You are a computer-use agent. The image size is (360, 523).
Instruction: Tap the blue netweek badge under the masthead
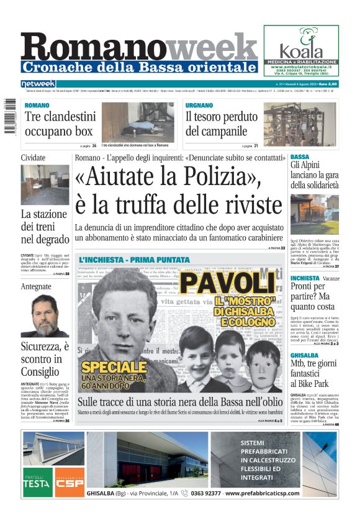[38, 84]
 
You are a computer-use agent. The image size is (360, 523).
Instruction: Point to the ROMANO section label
[37, 106]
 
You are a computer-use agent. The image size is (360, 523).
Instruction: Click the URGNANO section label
[199, 106]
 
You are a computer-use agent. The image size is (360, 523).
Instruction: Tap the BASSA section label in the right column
[300, 157]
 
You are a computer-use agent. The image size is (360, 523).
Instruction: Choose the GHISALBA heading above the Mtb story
[305, 356]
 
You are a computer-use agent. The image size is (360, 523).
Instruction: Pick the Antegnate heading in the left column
[36, 286]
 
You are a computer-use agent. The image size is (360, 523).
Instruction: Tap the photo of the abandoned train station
[45, 184]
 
